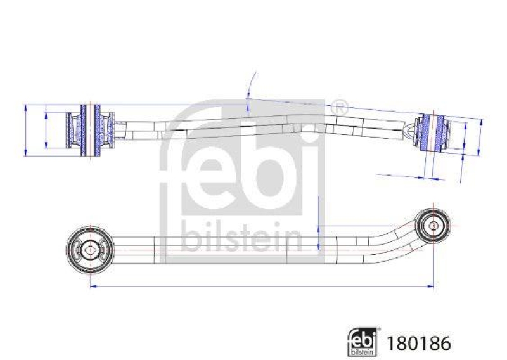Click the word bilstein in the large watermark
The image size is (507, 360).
pyautogui.click(x=242, y=238)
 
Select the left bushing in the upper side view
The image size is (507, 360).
pyautogui.click(x=91, y=129)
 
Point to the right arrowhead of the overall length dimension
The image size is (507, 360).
pyautogui.click(x=430, y=287)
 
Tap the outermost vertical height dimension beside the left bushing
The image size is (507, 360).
pyautogui.click(x=25, y=129)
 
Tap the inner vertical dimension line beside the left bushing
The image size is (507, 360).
pyautogui.click(x=46, y=129)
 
